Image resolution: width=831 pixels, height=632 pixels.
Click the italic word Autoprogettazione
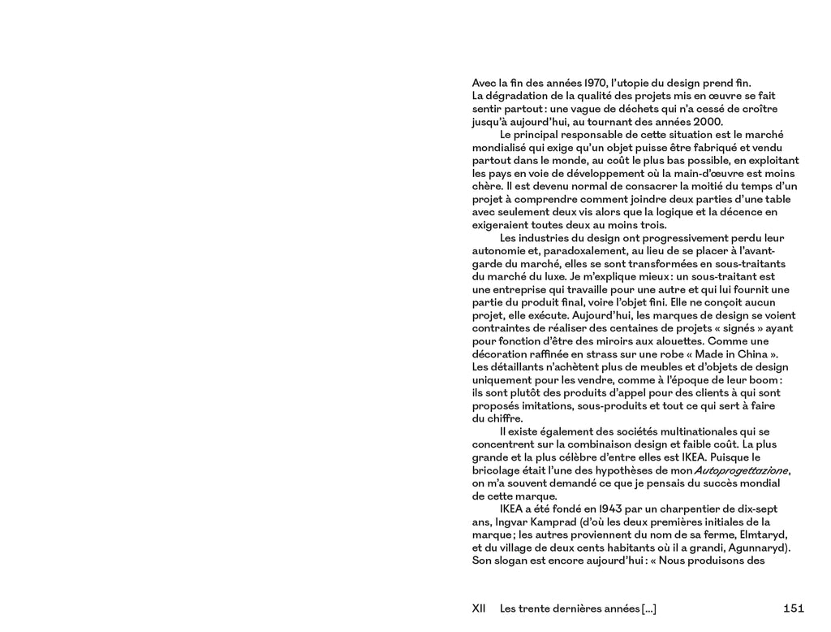tap(741, 471)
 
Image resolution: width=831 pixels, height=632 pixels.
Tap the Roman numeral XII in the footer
tap(479, 608)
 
